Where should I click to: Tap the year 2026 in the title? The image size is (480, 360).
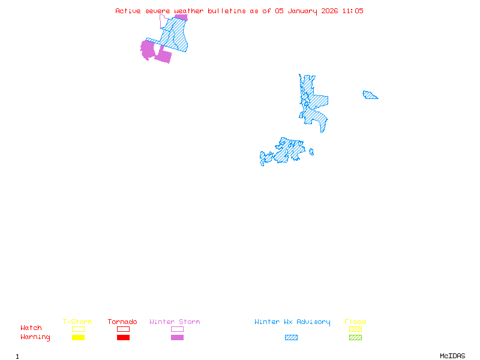point(329,11)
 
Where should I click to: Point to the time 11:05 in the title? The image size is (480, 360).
point(353,11)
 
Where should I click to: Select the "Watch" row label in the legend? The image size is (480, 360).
point(31,328)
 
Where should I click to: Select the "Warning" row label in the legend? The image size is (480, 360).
point(35,337)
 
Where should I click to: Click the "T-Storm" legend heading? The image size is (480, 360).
point(77,322)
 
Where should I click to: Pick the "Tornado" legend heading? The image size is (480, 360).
point(122,322)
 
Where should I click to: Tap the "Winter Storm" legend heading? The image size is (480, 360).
point(175,322)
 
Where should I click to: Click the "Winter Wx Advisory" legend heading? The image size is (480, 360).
point(292,322)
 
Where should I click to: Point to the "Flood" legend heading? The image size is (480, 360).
point(355,322)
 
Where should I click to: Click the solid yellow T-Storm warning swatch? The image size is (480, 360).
point(78,337)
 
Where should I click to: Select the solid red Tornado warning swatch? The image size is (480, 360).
point(123,337)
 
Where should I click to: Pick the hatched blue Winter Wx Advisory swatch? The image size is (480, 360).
point(291,337)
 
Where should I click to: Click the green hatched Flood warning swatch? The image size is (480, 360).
point(355,337)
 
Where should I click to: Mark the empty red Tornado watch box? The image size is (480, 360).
point(123,329)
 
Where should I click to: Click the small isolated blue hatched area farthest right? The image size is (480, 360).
point(370,95)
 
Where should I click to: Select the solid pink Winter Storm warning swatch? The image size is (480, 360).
point(177,337)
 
